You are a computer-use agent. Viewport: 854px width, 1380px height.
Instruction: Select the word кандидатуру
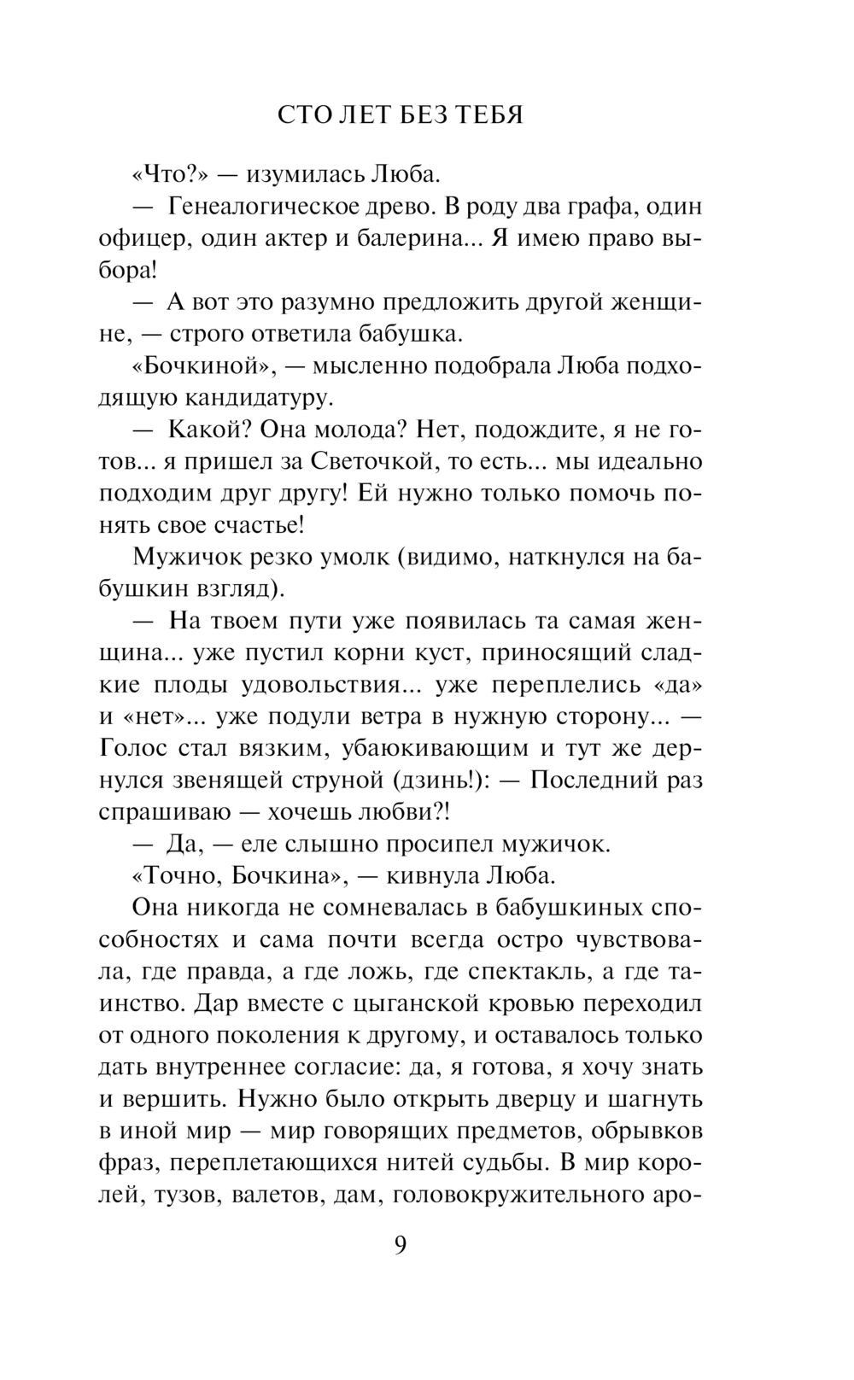pos(249,399)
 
